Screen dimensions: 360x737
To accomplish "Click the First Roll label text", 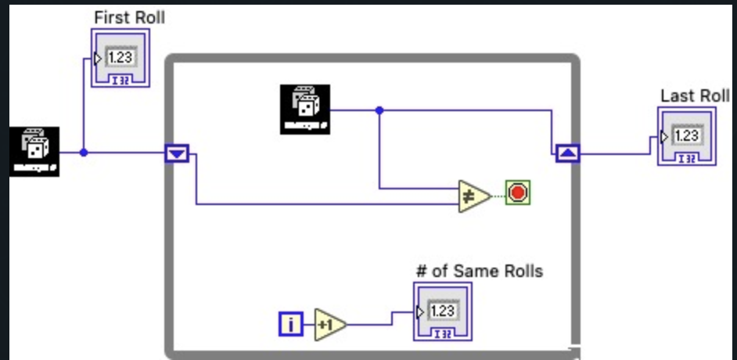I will coord(129,16).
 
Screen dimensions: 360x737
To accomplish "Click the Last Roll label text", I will coord(695,95).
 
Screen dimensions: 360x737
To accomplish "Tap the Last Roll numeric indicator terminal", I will coord(686,137).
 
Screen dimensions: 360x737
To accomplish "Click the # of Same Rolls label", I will coord(479,272).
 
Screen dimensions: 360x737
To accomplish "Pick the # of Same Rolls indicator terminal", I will coord(442,311).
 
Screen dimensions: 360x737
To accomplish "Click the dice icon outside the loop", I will coord(34,151).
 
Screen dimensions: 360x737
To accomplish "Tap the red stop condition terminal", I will coord(518,193).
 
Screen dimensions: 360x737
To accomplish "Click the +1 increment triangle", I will coord(329,323).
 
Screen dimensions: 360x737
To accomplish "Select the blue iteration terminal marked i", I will coord(290,323).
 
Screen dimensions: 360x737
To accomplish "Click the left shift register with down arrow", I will coord(177,153).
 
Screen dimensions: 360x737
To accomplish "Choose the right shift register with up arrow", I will coord(567,153).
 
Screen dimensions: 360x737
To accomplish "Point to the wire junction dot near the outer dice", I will coord(84,153).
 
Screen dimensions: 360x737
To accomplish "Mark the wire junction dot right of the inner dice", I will coord(379,110).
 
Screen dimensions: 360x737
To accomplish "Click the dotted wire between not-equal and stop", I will coord(498,194).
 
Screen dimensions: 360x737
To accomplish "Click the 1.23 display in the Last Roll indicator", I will coord(687,136).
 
